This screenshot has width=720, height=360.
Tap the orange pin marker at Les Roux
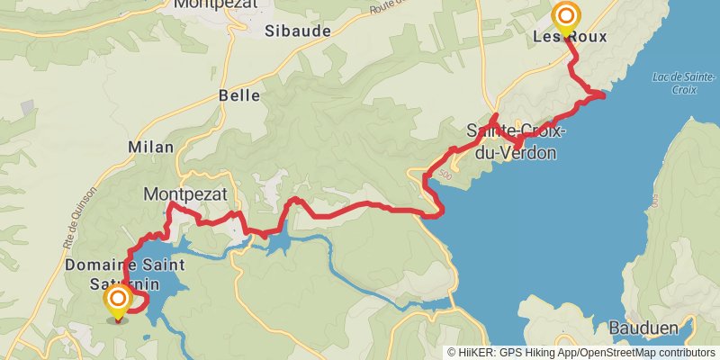[566, 17]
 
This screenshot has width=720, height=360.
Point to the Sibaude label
[298, 31]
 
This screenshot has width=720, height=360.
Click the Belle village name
[239, 95]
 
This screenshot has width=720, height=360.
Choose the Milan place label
[151, 147]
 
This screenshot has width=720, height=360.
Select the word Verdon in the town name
[533, 153]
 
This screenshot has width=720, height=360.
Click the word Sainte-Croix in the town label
[517, 131]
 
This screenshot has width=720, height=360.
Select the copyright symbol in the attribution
[452, 353]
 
